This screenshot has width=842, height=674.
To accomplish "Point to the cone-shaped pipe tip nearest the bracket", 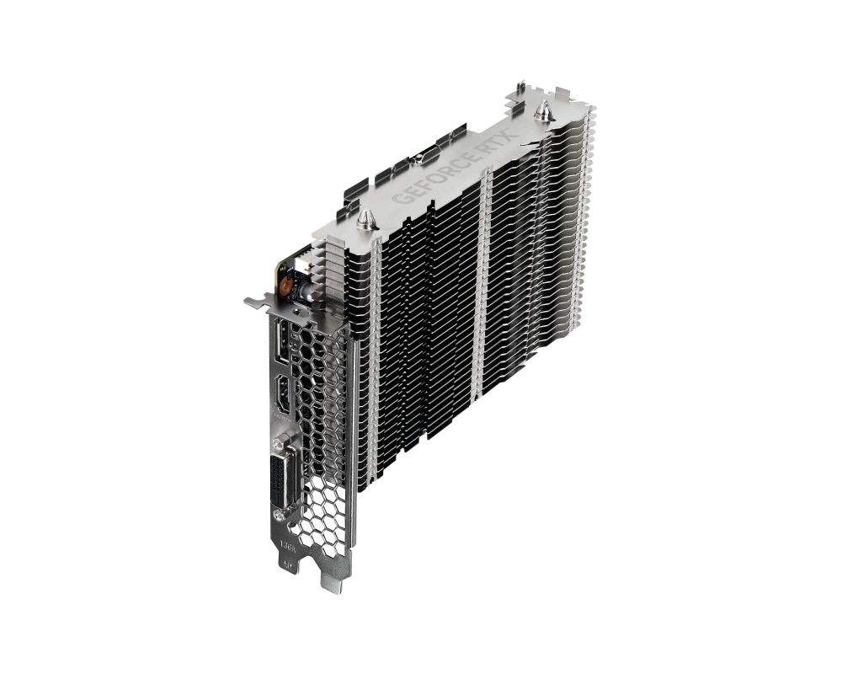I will [x=365, y=220].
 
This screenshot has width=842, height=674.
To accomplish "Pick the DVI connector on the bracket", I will [x=278, y=474].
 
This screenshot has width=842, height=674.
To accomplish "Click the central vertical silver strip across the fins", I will [x=483, y=278].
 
